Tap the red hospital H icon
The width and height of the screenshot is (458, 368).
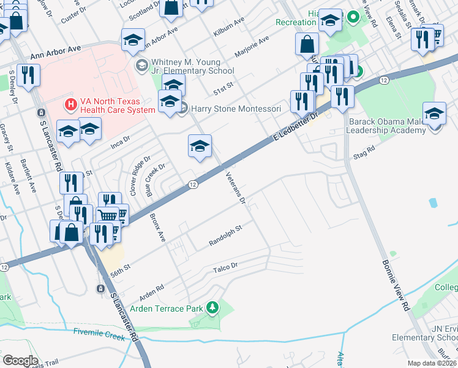(x=71, y=105)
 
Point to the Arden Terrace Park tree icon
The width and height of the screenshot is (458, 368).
(x=212, y=307)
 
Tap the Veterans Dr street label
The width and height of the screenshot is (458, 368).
(x=235, y=187)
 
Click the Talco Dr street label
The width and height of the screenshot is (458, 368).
(x=225, y=267)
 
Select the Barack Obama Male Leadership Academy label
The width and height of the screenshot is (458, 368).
(x=386, y=126)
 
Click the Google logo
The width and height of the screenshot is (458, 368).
(x=20, y=361)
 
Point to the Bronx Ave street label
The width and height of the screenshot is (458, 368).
(x=157, y=228)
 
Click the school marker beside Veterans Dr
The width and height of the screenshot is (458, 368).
(x=200, y=147)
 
